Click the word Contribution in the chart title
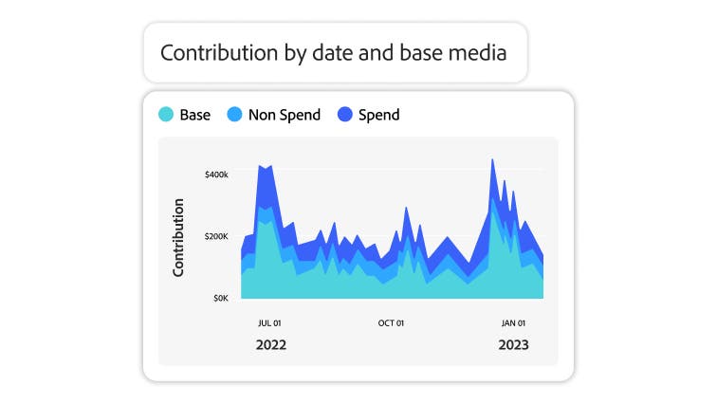pos(214,52)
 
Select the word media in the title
pos(476,52)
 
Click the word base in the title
pos(423,52)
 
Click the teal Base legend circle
pos(166,115)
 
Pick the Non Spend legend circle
pos(234,115)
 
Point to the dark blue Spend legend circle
pos(344,115)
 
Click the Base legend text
pos(194,115)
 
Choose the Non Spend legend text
pos(285,115)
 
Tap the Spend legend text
pos(379,115)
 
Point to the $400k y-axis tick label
pos(216,174)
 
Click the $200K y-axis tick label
pos(216,236)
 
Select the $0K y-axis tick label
pos(219,298)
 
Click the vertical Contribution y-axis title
pos(178,237)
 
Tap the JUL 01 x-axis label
pos(270,323)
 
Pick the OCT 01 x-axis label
pos(391,323)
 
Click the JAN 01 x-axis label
pos(513,323)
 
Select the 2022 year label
pos(270,345)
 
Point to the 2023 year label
pos(513,345)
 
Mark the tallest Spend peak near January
pos(492,161)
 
